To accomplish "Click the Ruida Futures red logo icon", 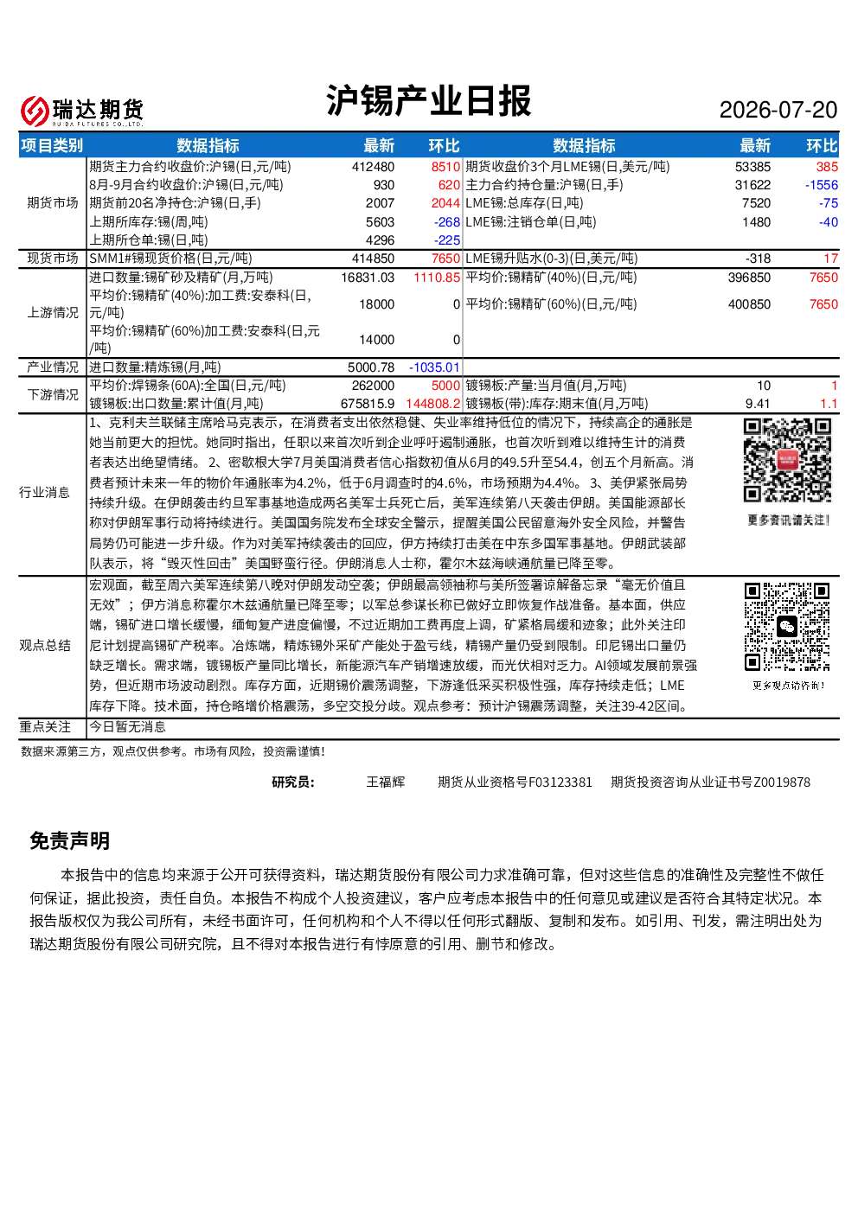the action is pos(35,111).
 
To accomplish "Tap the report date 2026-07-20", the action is pos(778,110).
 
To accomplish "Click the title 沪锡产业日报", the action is pos(428,100).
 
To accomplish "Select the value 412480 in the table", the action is pos(373,167).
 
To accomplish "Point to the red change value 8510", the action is pos(445,167).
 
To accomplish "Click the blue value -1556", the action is pos(821,185).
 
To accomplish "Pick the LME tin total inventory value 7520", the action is pos(756,203).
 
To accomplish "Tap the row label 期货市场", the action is pos(53,203).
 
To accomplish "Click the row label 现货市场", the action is pos(53,259).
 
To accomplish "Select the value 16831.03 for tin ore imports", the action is pos(368,278).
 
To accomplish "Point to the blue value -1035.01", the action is pos(434,367).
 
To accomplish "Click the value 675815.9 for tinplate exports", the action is pos(368,404).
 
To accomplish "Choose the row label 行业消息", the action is pos(44,492).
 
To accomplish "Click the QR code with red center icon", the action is pos(787,461).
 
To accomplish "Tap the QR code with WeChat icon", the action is pos(786,627).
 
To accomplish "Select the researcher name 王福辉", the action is pos(385,782).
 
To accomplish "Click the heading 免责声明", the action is pos(70,841).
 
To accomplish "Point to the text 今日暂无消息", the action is pos(127,727).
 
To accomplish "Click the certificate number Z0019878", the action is pos(782,782).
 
